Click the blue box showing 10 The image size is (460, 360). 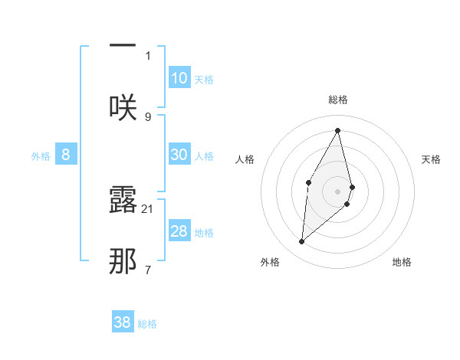click(x=179, y=78)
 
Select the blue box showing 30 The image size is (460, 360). click(x=179, y=155)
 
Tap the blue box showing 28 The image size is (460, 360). click(x=179, y=232)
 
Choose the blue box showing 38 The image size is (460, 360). click(x=123, y=322)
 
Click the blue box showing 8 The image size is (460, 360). click(x=66, y=155)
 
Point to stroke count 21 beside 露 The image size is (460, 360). click(x=148, y=208)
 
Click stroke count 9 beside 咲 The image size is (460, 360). click(x=148, y=116)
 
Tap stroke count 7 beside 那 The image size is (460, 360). click(x=148, y=270)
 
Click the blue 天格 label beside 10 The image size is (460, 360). click(x=204, y=80)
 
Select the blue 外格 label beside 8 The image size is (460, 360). click(x=41, y=156)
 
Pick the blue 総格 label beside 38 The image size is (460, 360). click(x=147, y=324)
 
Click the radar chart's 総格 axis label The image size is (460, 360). click(x=338, y=100)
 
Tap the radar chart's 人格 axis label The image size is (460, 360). click(x=245, y=159)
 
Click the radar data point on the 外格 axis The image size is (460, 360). click(x=302, y=242)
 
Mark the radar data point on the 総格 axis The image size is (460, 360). click(x=338, y=130)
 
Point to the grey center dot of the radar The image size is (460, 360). click(x=338, y=191)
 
